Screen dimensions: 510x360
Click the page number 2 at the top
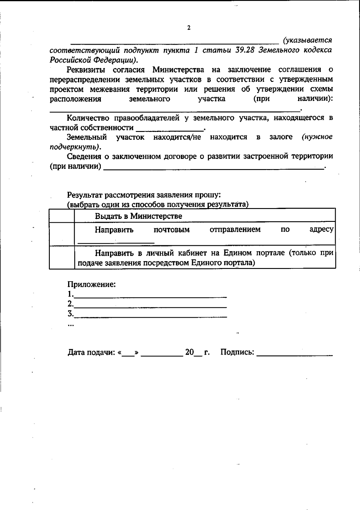click(189, 28)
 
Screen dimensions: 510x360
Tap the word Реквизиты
click(86, 70)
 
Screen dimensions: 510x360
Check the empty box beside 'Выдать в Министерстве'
click(62, 216)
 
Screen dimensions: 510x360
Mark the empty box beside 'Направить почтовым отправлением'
click(62, 234)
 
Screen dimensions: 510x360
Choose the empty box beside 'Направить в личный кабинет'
click(62, 257)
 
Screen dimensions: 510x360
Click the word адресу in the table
click(321, 230)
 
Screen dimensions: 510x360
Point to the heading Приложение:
click(91, 284)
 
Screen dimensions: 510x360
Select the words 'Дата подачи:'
click(91, 352)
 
